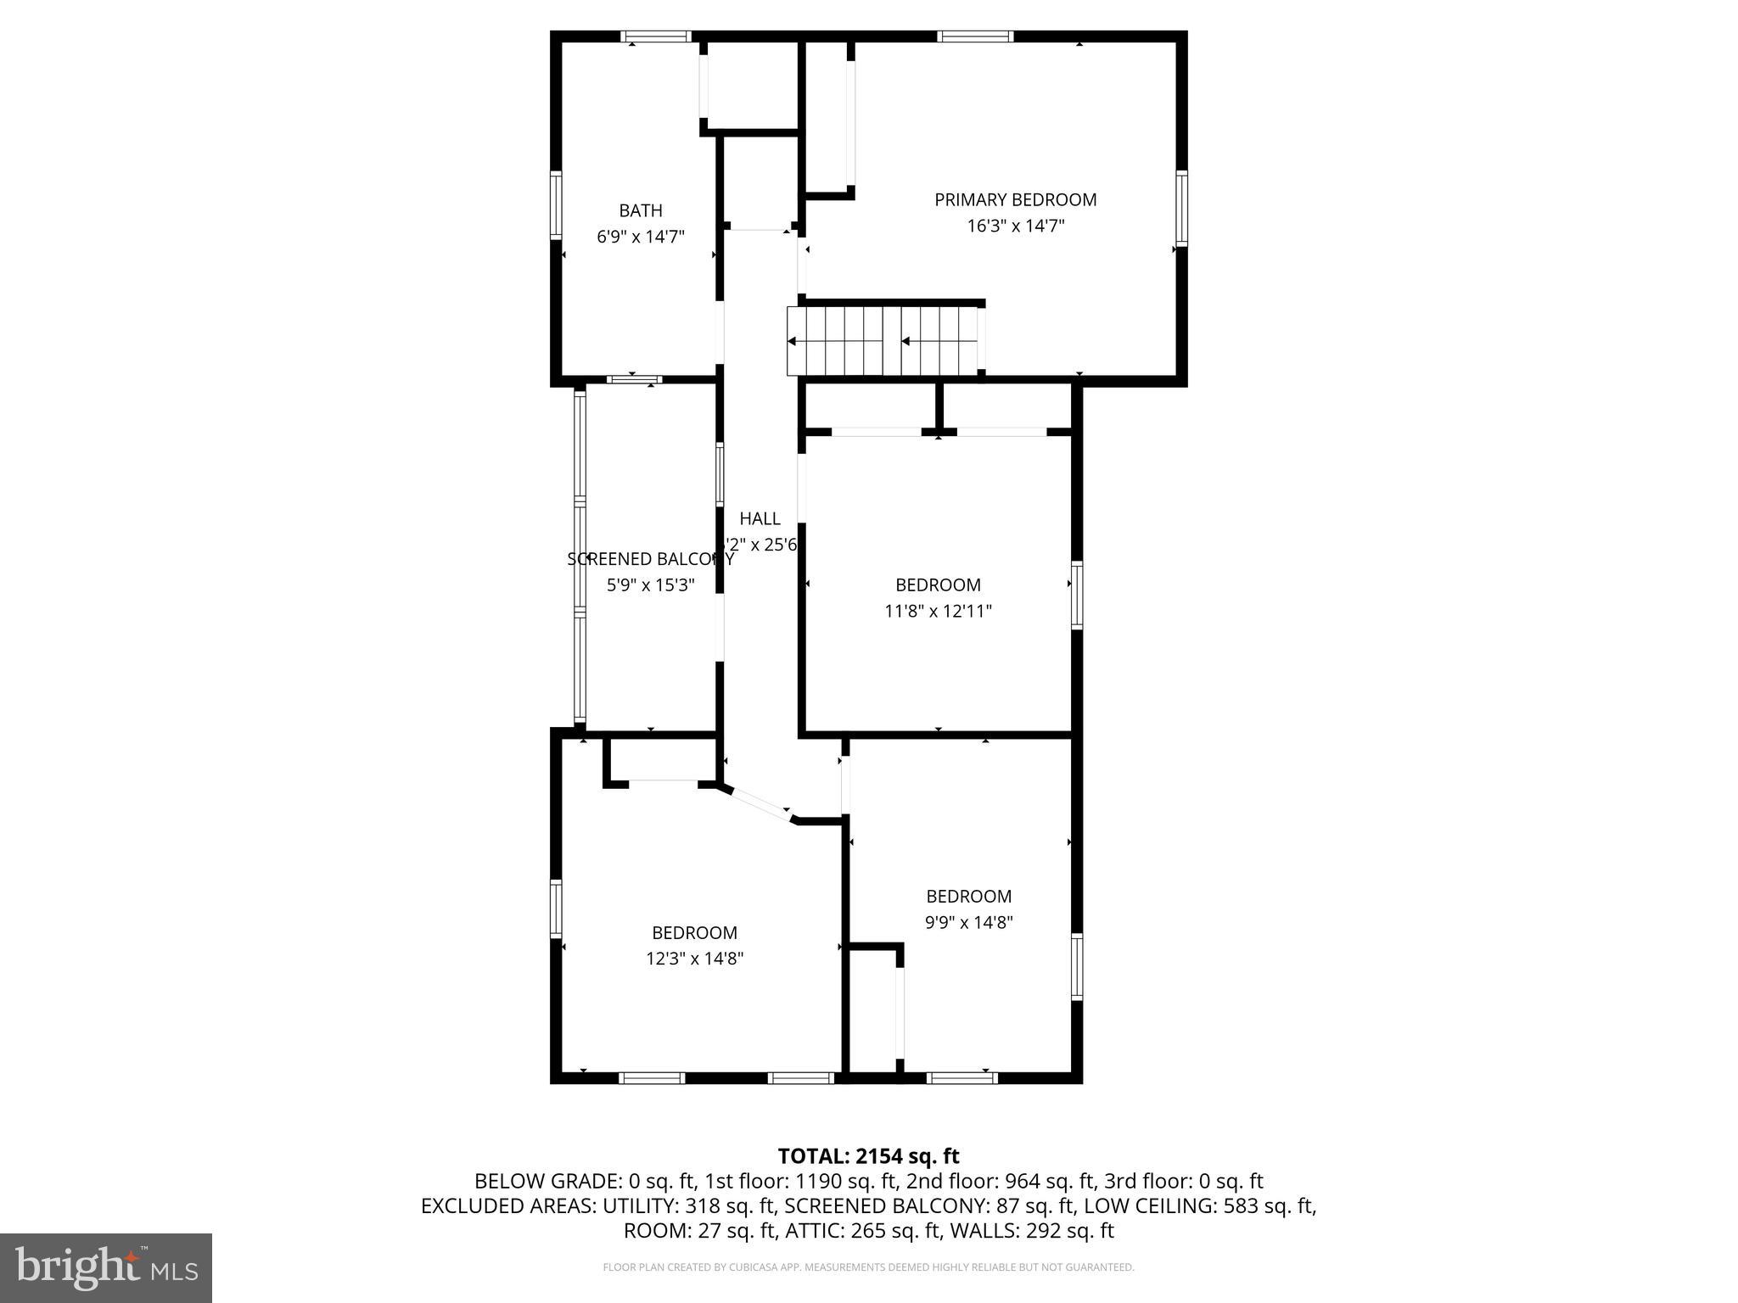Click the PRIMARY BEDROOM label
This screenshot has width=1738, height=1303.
[1015, 200]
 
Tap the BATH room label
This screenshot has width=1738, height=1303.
[640, 210]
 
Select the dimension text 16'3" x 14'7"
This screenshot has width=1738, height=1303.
[1015, 226]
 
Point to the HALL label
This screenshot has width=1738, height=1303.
[759, 518]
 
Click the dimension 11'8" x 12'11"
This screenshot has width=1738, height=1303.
[938, 611]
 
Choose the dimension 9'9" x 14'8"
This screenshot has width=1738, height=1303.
[968, 922]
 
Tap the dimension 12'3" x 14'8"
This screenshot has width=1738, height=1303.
[694, 959]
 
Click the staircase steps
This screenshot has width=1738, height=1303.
[883, 341]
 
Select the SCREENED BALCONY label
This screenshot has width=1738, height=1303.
[650, 559]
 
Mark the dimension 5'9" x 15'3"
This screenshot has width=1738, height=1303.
[650, 585]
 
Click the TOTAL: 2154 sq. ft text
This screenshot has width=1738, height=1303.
[868, 1156]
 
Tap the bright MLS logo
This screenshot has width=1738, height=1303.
[105, 1267]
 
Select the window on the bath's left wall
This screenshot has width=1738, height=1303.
[556, 204]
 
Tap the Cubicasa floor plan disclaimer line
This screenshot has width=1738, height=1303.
[868, 1267]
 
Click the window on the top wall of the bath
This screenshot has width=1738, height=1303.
[656, 36]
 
